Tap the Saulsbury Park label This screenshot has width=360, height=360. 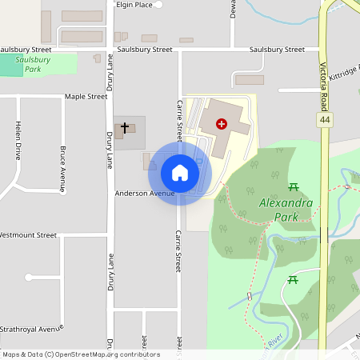(33, 64)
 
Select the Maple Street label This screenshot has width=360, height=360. (86, 97)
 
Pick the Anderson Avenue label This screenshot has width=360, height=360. (144, 194)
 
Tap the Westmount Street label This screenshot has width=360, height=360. (29, 235)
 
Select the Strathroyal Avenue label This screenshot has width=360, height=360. (31, 329)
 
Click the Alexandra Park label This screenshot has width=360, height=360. (286, 210)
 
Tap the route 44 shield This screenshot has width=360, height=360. (324, 120)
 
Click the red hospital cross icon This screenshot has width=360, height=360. (222, 123)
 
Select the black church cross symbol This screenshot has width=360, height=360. (124, 128)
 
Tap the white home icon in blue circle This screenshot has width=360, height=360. (179, 173)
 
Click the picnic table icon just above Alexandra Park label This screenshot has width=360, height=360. (294, 187)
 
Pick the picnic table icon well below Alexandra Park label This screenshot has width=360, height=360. (294, 280)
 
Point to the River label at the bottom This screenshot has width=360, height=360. (275, 342)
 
